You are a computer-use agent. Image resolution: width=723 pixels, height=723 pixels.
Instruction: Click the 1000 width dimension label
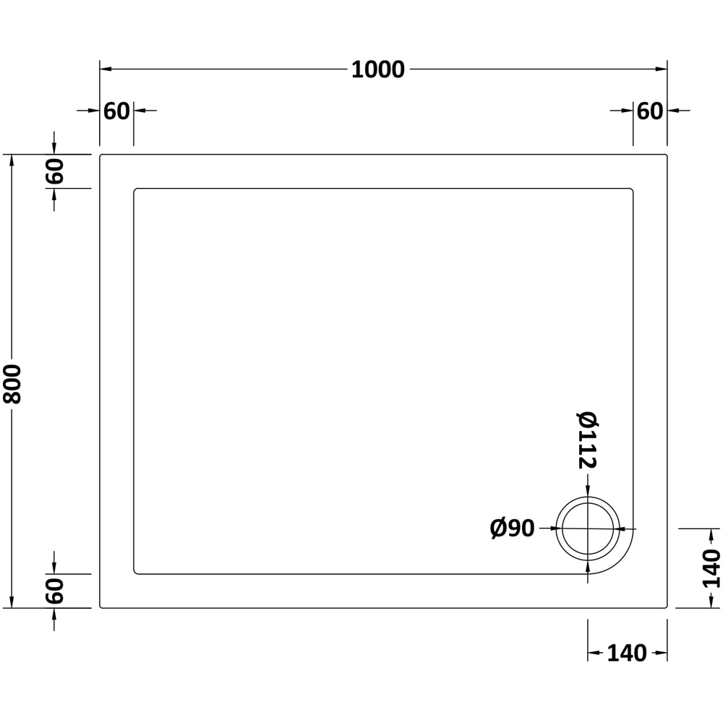click(377, 69)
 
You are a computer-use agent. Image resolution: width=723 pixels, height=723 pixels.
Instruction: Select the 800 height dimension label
click(12, 384)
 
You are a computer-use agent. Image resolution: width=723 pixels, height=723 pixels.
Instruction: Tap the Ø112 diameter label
click(587, 440)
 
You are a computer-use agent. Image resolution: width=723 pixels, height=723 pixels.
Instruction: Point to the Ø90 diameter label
click(512, 528)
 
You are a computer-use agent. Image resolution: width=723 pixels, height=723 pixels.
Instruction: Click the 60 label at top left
click(116, 111)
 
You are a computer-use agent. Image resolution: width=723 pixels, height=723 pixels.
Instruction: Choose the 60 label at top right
click(650, 111)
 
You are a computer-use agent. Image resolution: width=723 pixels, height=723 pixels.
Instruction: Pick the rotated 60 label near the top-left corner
click(54, 171)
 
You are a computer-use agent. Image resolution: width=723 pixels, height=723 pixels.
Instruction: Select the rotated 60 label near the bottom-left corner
click(54, 591)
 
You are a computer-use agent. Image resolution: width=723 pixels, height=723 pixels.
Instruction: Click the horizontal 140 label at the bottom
click(627, 653)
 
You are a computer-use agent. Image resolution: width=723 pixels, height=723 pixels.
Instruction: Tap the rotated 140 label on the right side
click(711, 568)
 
